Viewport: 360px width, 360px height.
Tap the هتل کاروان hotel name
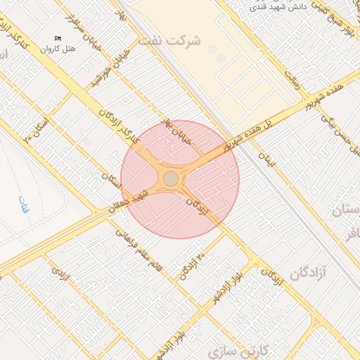point(57,49)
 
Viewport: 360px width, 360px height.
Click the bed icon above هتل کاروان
point(58,38)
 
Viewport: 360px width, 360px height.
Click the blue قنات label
point(24,205)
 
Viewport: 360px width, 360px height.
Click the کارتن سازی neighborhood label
point(240,349)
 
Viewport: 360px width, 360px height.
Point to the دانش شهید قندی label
point(282,8)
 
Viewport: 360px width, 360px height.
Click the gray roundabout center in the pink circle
point(171,179)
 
